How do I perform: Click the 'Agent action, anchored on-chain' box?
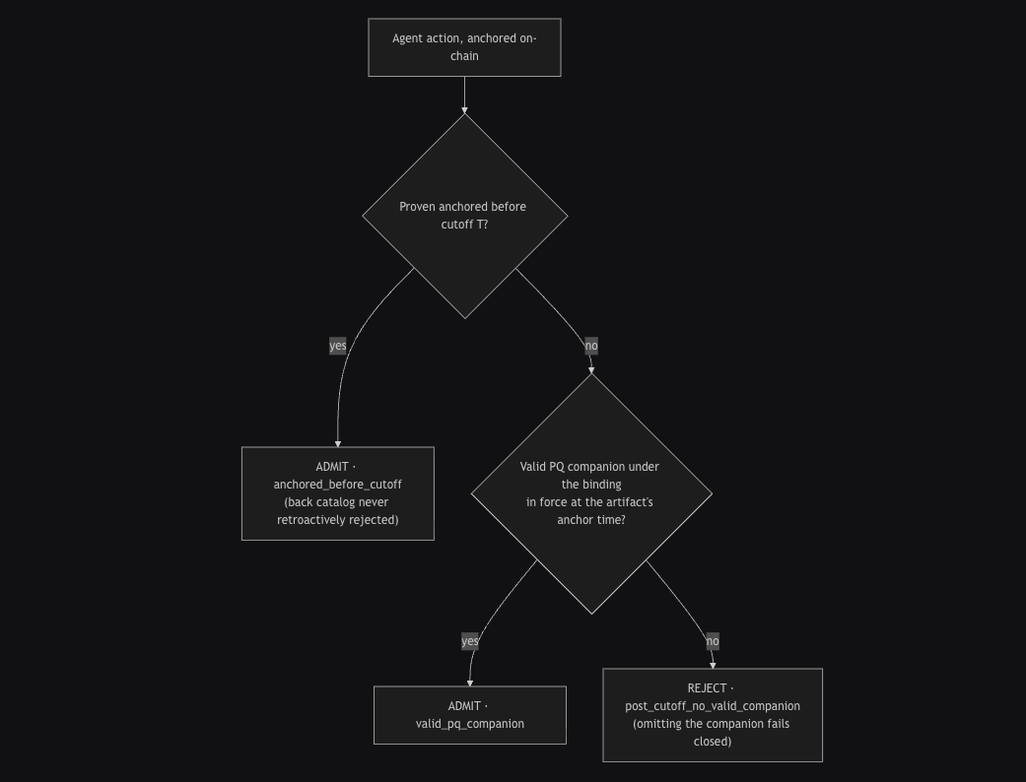[x=464, y=47]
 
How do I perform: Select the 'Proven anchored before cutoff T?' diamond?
[x=464, y=216]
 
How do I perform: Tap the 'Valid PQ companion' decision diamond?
[x=591, y=493]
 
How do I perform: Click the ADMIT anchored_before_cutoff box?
[x=338, y=493]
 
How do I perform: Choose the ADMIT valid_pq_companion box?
[x=470, y=715]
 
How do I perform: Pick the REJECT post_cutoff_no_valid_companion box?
[x=713, y=715]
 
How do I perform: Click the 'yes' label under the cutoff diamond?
[x=338, y=346]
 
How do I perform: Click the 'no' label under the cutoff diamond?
[x=591, y=346]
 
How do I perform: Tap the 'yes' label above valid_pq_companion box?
[x=470, y=641]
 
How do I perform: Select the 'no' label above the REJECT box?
[x=713, y=641]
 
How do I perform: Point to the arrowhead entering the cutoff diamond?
[x=464, y=110]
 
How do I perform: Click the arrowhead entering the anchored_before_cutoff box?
[x=338, y=443]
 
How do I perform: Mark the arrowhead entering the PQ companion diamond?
[x=591, y=370]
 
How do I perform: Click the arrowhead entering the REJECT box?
[x=713, y=665]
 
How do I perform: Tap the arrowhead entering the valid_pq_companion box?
[x=470, y=683]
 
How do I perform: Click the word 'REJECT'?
[x=707, y=687]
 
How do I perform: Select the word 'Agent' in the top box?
[x=408, y=38]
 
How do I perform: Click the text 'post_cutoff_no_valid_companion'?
[x=713, y=706]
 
